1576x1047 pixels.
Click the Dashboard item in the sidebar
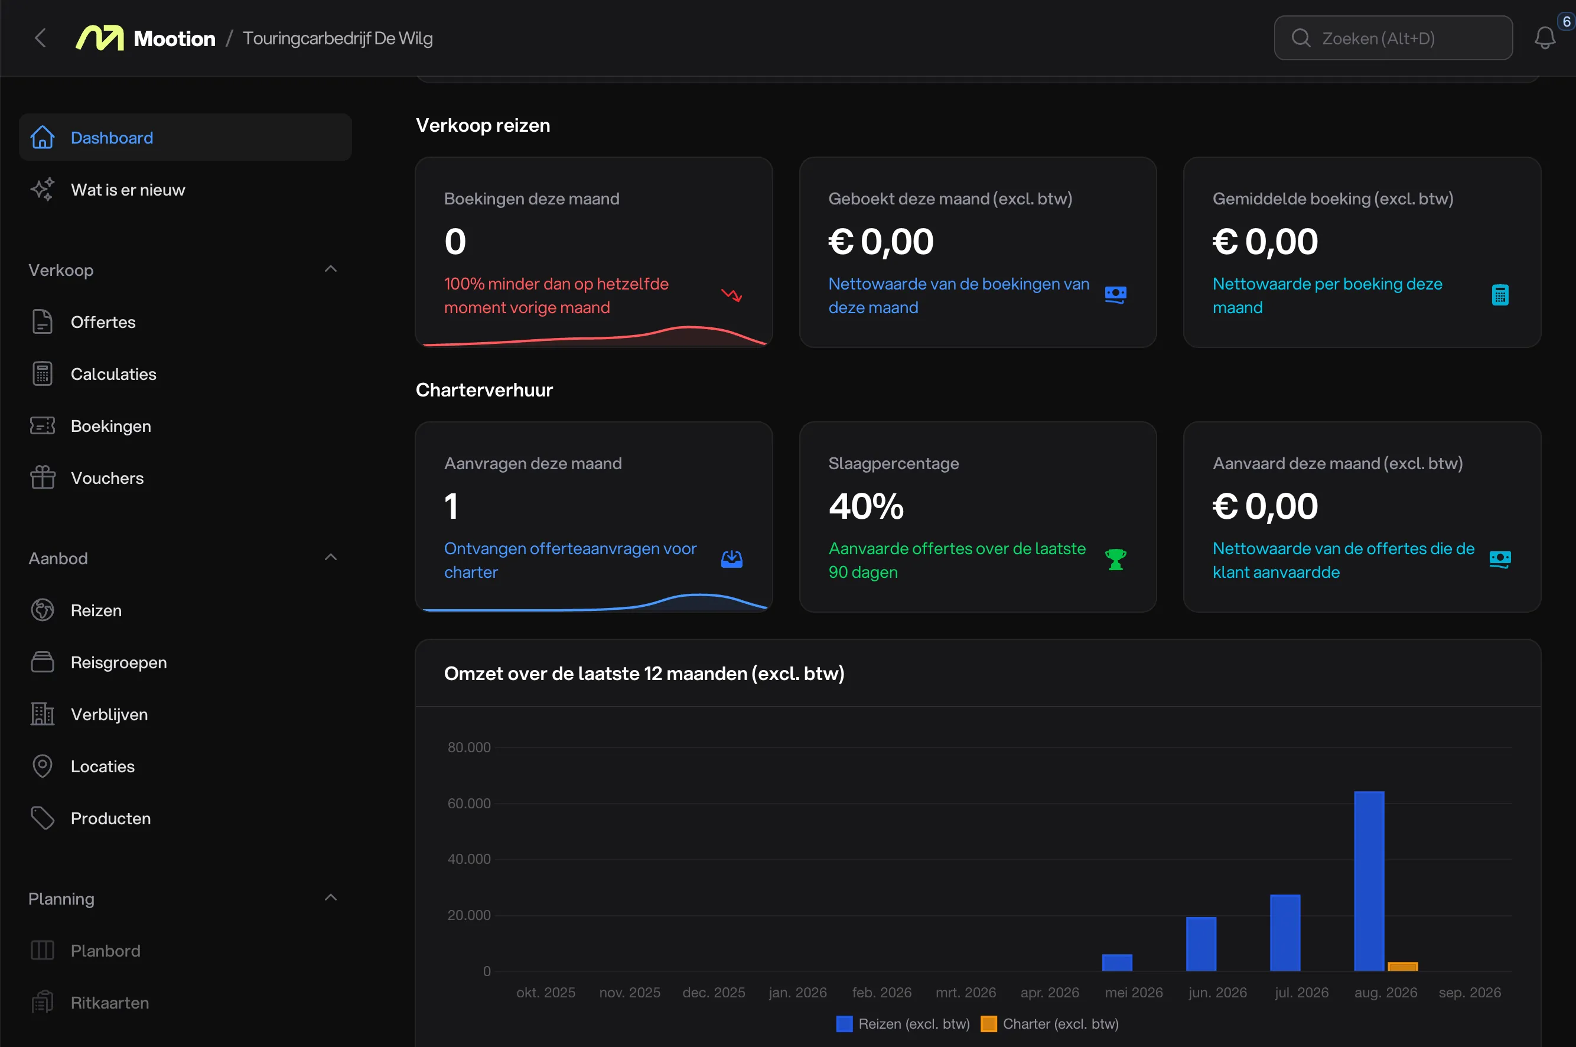(185, 138)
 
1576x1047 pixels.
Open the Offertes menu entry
(103, 323)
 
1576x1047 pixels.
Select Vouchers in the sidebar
(107, 479)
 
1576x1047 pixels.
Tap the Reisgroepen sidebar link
(119, 663)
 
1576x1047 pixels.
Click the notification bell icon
(1545, 38)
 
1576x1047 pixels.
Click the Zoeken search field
(1393, 38)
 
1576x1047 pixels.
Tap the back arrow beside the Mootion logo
(41, 38)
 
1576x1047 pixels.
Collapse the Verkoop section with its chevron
(330, 269)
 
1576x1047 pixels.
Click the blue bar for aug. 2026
(1369, 882)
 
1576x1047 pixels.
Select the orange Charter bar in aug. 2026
(1402, 967)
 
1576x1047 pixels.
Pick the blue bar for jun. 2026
(1201, 944)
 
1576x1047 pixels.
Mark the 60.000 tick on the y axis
(468, 804)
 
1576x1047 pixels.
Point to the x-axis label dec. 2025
(714, 993)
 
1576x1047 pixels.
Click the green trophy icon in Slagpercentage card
(1115, 560)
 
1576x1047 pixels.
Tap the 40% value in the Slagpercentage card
(866, 506)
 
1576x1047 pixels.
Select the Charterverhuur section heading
(484, 390)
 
